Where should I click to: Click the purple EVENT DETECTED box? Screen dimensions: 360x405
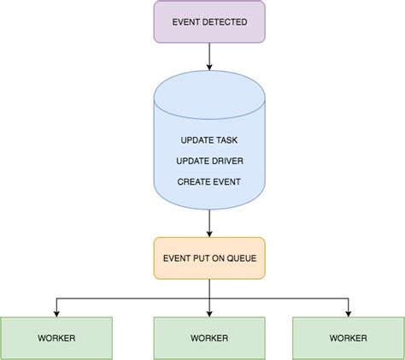pyautogui.click(x=209, y=21)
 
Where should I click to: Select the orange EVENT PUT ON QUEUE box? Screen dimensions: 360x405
pyautogui.click(x=209, y=257)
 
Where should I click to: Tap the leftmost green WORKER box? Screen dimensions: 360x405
pyautogui.click(x=56, y=337)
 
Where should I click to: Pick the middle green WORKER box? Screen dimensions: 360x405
pyautogui.click(x=209, y=337)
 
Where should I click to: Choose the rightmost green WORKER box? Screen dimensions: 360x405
pyautogui.click(x=348, y=337)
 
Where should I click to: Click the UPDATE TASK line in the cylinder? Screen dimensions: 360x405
pyautogui.click(x=209, y=140)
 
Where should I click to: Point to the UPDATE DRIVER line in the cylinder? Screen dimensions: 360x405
pyautogui.click(x=209, y=161)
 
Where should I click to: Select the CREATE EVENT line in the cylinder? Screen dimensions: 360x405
pyautogui.click(x=209, y=181)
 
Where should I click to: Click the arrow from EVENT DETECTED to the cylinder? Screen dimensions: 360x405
pyautogui.click(x=209, y=56)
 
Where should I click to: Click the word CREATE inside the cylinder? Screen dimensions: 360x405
pyautogui.click(x=193, y=181)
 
